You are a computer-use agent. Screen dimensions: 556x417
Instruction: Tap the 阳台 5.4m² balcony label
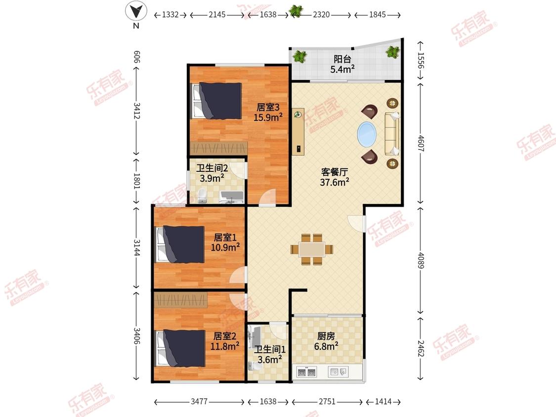pyautogui.click(x=342, y=64)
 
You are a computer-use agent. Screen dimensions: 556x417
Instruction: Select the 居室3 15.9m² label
pyautogui.click(x=268, y=112)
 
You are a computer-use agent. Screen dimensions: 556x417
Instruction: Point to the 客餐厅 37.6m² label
pyautogui.click(x=335, y=177)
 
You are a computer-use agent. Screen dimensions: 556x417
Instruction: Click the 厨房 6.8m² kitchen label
pyautogui.click(x=326, y=341)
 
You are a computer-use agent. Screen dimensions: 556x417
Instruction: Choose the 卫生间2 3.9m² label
pyautogui.click(x=212, y=173)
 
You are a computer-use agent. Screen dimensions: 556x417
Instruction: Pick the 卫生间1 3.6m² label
pyautogui.click(x=269, y=355)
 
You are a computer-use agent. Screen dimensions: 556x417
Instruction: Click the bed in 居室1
pyautogui.click(x=180, y=245)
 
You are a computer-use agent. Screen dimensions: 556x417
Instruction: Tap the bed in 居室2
pyautogui.click(x=180, y=348)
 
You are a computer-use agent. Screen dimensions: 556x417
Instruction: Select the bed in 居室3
pyautogui.click(x=216, y=101)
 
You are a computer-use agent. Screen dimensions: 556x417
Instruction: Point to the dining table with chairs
pyautogui.click(x=312, y=249)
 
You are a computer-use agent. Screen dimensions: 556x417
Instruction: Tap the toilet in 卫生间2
pyautogui.click(x=202, y=196)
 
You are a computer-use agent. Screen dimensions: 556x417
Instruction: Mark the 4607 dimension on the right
pyautogui.click(x=421, y=143)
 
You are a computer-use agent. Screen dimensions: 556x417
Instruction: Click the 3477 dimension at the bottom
pyautogui.click(x=199, y=401)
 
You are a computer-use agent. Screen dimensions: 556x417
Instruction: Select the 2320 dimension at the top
pyautogui.click(x=321, y=14)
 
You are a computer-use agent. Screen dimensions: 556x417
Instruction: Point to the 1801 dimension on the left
pyautogui.click(x=137, y=181)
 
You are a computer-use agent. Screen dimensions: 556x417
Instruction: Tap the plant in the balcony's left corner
pyautogui.click(x=300, y=56)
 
